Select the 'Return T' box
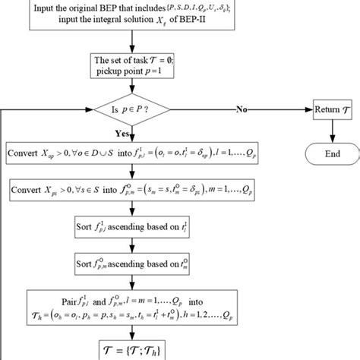[333, 111]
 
